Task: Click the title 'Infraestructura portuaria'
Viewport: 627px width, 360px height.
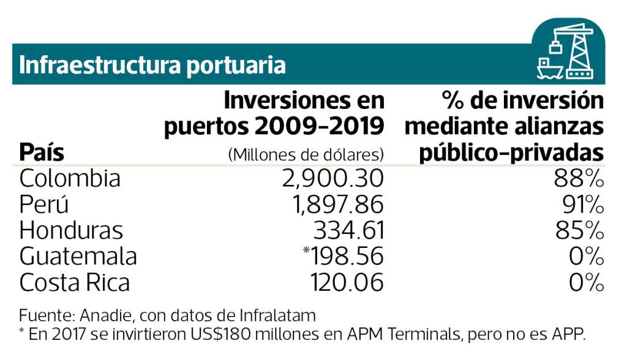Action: point(152,64)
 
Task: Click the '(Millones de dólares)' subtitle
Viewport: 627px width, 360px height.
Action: point(306,154)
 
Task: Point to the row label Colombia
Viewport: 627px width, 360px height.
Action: point(70,178)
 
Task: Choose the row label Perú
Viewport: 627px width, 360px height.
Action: point(44,204)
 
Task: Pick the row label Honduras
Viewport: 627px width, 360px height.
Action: point(71,231)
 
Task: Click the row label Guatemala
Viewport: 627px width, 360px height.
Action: point(78,257)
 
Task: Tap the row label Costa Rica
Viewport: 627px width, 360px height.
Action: point(75,283)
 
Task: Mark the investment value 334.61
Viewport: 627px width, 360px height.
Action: point(348,231)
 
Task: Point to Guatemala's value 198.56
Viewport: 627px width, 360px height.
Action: point(347,257)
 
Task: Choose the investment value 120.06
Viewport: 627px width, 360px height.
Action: point(347,283)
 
